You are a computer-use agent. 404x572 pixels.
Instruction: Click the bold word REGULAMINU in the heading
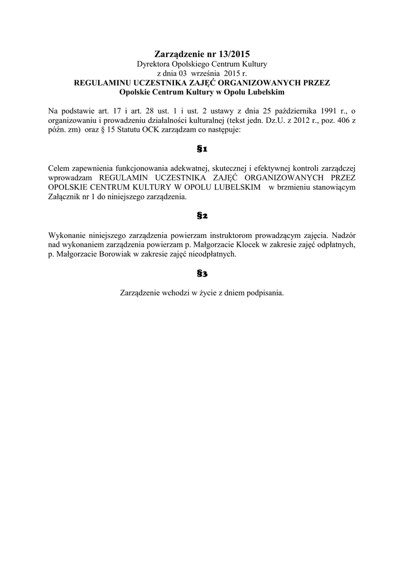pos(100,82)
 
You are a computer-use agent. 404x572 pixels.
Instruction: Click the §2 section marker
pos(202,216)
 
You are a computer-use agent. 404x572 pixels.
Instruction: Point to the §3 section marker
pos(202,273)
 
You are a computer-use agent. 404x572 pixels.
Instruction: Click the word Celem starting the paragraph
pos(59,169)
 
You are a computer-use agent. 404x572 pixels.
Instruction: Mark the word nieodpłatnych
pos(213,254)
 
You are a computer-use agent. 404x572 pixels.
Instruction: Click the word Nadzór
pos(343,235)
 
